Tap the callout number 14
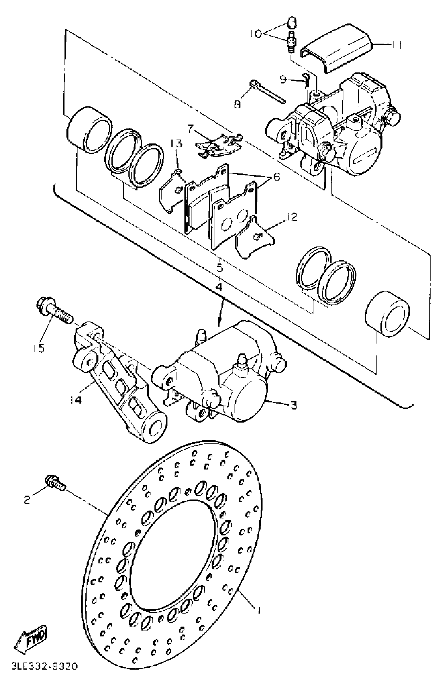click(75, 400)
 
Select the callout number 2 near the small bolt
click(27, 500)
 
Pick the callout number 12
click(291, 217)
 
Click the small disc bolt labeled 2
click(55, 484)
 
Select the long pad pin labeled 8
click(268, 92)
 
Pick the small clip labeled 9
click(306, 80)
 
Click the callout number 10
click(256, 34)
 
